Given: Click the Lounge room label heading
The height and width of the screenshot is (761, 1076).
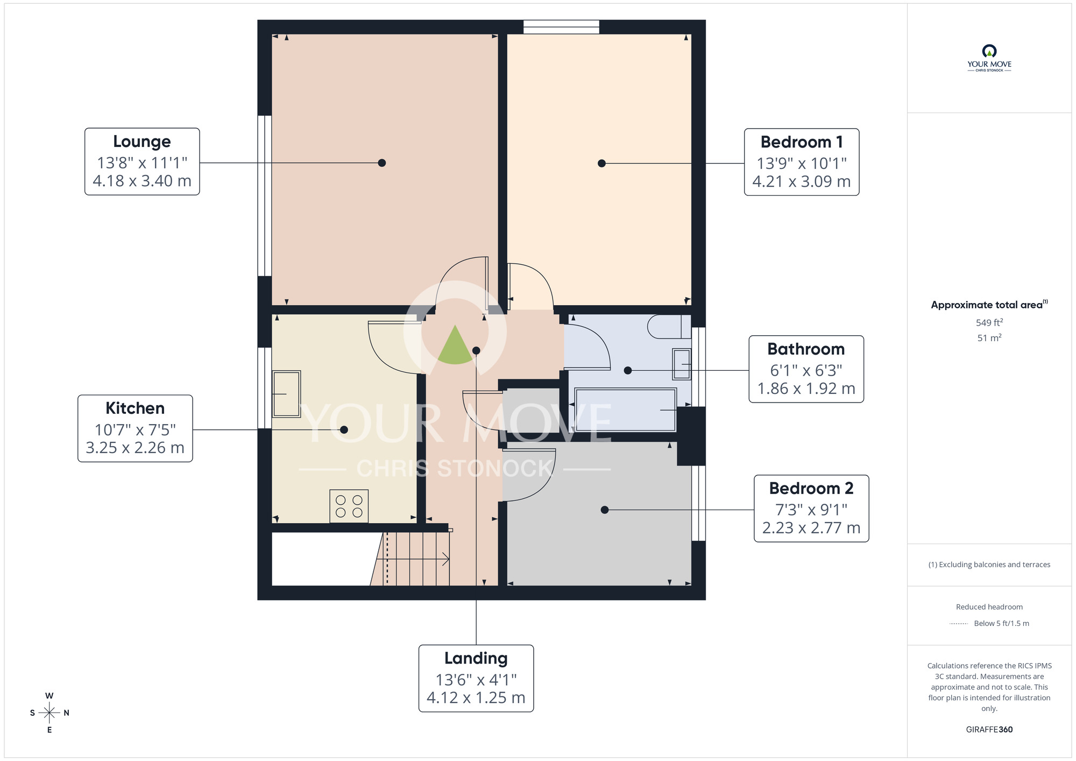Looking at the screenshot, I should (x=142, y=142).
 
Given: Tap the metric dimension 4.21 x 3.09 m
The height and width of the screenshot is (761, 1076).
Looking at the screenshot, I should (x=801, y=182).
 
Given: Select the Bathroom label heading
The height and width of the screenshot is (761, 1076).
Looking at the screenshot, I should (x=805, y=349).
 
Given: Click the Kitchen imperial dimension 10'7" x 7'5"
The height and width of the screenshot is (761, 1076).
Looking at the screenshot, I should (x=135, y=430).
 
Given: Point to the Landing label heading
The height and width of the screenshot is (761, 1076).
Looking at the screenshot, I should (x=476, y=658).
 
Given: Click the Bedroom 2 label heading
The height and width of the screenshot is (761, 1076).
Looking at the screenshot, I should (x=811, y=488).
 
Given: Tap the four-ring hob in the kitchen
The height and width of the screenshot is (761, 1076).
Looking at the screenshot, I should (x=349, y=506).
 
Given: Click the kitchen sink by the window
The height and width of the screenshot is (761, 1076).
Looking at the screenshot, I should (x=286, y=394).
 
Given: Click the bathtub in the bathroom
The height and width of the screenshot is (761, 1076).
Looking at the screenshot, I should (x=625, y=410).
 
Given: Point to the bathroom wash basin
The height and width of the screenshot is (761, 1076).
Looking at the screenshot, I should (x=682, y=364).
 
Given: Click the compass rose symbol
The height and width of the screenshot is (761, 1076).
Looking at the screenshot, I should (x=49, y=713).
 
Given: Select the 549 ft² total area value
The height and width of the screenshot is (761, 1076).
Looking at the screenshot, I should (x=989, y=323).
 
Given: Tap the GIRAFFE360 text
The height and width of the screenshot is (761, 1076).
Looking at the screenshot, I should (x=989, y=730).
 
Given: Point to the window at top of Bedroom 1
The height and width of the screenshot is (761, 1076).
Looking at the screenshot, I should (x=561, y=27).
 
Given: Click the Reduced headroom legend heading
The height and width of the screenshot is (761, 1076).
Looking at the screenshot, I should (x=989, y=607).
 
